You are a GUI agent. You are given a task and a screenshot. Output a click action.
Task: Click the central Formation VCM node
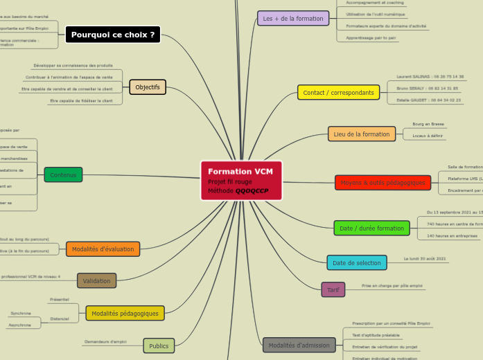[241, 181]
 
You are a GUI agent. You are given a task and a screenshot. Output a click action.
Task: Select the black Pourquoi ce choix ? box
[113, 35]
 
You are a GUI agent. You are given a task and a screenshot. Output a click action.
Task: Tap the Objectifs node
[148, 87]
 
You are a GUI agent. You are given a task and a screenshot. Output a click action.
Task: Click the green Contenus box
[63, 174]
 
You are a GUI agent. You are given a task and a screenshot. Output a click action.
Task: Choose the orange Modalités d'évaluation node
[103, 249]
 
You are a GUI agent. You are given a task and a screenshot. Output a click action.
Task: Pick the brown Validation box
[96, 280]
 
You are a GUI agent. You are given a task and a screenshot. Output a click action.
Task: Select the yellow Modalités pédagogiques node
[125, 313]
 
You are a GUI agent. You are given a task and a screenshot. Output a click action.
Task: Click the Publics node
[159, 345]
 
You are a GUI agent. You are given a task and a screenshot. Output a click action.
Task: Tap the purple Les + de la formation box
[293, 19]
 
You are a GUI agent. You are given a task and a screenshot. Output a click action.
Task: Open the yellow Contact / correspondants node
[338, 92]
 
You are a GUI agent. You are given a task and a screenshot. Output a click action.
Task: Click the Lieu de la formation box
[362, 134]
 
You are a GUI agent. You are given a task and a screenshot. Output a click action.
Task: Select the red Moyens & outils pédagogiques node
[383, 183]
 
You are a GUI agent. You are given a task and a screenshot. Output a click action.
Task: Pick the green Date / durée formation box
[371, 228]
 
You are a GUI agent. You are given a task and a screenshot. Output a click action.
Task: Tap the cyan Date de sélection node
[356, 262]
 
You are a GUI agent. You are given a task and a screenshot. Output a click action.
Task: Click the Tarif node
[333, 289]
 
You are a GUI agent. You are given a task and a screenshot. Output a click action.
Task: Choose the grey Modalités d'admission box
[299, 345]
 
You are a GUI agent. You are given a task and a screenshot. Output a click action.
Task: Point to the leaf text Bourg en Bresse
[428, 124]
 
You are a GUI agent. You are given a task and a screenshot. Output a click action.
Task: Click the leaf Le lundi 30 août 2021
[425, 259]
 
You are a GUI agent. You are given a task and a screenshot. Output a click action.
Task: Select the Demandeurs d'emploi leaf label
[105, 341]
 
